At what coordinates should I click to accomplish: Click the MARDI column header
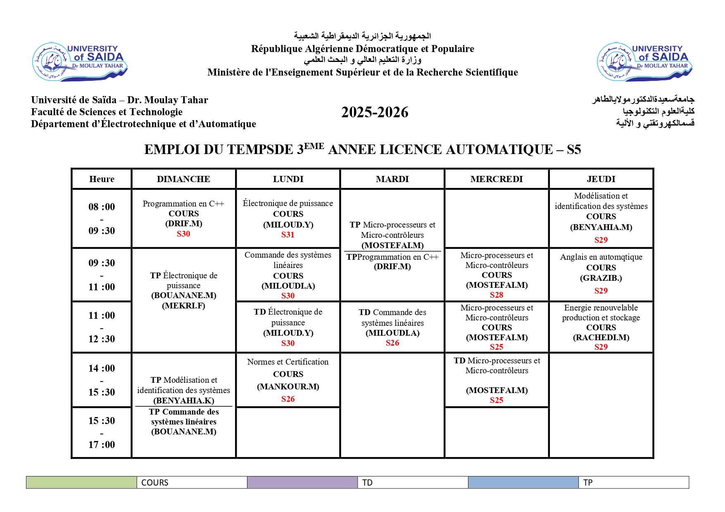tap(392, 179)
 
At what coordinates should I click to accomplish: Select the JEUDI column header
tap(601, 179)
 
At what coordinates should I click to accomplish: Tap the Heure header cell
tap(102, 179)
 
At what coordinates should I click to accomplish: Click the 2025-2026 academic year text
tap(375, 112)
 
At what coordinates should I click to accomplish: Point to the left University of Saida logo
tap(80, 62)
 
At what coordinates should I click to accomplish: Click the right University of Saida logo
tap(644, 62)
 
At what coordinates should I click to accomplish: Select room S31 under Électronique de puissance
tap(288, 235)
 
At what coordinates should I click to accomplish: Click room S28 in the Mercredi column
tap(497, 295)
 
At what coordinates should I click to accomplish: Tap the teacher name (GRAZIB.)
tap(601, 278)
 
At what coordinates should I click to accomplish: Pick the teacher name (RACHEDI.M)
tap(601, 337)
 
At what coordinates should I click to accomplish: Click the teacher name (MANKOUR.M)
tap(288, 386)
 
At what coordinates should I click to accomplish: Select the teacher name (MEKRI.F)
tap(183, 306)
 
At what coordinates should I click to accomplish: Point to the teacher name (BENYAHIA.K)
tap(183, 401)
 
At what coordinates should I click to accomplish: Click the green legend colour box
tap(81, 482)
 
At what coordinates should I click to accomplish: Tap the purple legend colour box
tap(302, 482)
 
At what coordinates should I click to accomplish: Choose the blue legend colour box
tap(523, 482)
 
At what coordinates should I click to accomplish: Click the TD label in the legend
tap(367, 483)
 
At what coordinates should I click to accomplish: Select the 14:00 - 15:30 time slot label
tap(102, 380)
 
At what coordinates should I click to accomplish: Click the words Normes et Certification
tap(288, 362)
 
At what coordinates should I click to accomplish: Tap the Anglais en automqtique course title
tap(601, 257)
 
